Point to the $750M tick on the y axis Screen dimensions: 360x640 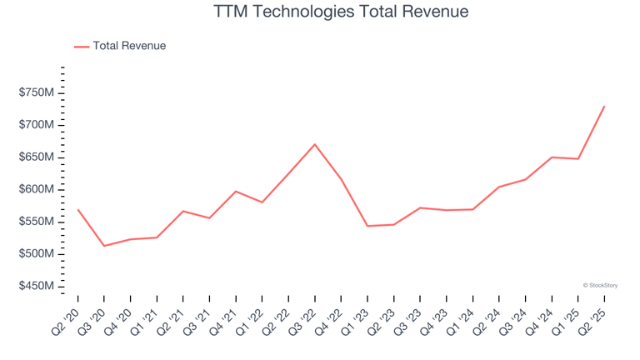[37, 92]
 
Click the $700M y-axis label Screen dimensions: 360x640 [37, 125]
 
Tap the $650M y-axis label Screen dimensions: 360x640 [37, 157]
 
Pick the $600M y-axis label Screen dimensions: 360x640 [37, 189]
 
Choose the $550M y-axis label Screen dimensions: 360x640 [37, 222]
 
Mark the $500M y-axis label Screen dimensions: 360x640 [37, 254]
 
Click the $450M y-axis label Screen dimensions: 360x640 [37, 287]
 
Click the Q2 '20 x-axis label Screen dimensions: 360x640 [66, 317]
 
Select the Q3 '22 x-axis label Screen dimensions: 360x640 [302, 317]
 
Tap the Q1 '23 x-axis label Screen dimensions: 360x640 [355, 317]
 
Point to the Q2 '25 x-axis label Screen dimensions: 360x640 [592, 317]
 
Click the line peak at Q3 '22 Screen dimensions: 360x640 [315, 144]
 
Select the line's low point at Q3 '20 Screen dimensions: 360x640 [104, 246]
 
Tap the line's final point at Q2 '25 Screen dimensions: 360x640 [604, 106]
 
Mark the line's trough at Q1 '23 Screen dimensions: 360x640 [367, 226]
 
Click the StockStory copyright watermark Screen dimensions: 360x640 [600, 285]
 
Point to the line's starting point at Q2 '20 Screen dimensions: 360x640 [78, 210]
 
